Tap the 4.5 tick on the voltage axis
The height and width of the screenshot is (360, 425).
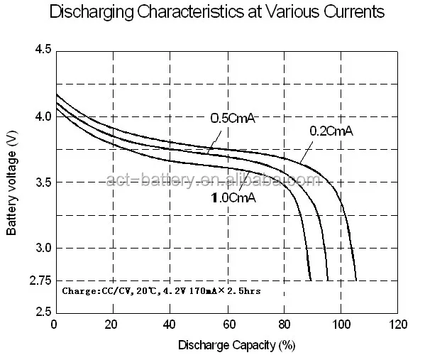coord(43,50)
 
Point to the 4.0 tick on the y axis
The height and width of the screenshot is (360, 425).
coord(43,116)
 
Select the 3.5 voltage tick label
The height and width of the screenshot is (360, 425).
coord(43,182)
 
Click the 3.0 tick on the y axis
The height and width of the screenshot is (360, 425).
coord(43,248)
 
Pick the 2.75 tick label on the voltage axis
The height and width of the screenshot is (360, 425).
coord(40,281)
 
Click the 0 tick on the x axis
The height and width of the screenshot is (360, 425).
coord(55,325)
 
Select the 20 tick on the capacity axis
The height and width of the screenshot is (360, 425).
coord(111,325)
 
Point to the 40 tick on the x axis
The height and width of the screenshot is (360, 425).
coord(169,325)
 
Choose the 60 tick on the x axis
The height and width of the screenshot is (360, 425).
coord(227,325)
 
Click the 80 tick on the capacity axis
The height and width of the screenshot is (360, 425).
coord(284,325)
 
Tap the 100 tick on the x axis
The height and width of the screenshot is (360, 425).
coord(341,325)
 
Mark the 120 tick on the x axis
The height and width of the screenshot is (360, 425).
coord(399,325)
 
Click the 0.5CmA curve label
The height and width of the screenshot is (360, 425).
coord(232,119)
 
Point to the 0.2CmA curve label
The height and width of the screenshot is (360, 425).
coord(331,131)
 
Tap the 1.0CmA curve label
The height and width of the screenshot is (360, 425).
coord(233,198)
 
